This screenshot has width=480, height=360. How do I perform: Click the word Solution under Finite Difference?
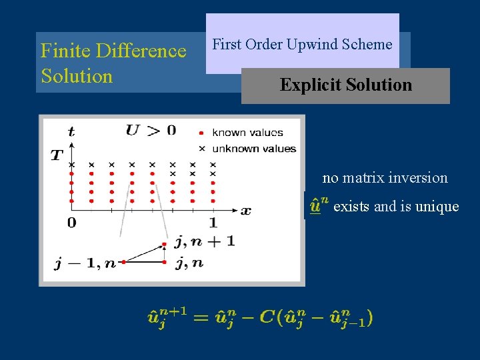[x=77, y=76]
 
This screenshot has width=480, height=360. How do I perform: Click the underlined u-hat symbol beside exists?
[x=315, y=206]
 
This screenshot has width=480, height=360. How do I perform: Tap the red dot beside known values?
[x=202, y=133]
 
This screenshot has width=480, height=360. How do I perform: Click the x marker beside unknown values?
[x=202, y=148]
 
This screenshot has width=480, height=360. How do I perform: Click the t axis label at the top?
[x=71, y=132]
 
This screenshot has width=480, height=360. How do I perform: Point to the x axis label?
[x=245, y=211]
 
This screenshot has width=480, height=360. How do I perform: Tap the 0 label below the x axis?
[x=71, y=223]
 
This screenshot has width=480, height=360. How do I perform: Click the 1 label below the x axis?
[x=213, y=223]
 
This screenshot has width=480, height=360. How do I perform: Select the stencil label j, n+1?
[x=205, y=241]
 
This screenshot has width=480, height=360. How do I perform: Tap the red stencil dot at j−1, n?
[x=122, y=263]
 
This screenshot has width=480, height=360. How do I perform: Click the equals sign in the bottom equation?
[x=201, y=317]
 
